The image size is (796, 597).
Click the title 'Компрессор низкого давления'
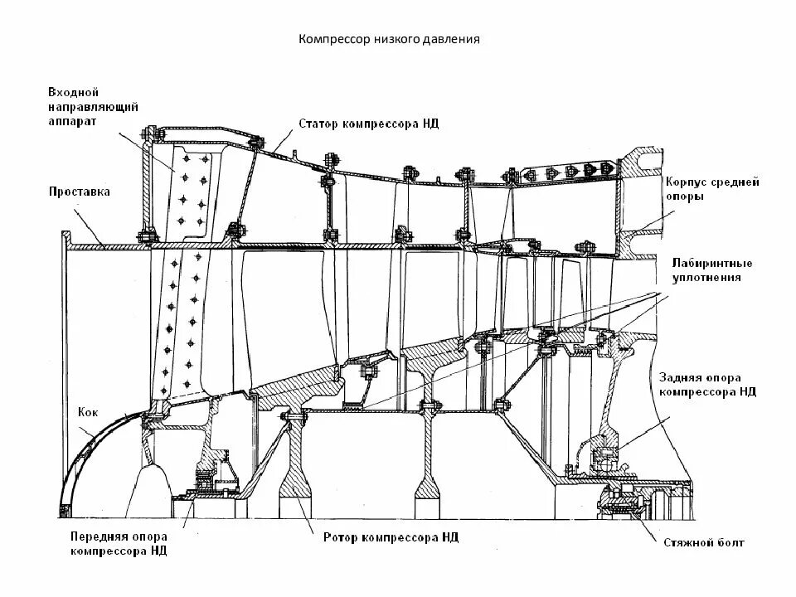389,39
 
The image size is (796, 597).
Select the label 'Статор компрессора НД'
368,124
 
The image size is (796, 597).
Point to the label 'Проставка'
79,192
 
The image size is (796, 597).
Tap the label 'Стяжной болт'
703,543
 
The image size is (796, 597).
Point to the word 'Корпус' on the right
685,182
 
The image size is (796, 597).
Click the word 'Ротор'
339,537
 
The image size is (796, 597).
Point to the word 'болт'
729,543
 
